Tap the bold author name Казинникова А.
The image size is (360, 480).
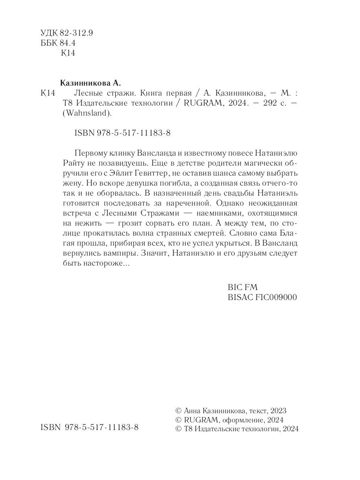click(90, 83)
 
